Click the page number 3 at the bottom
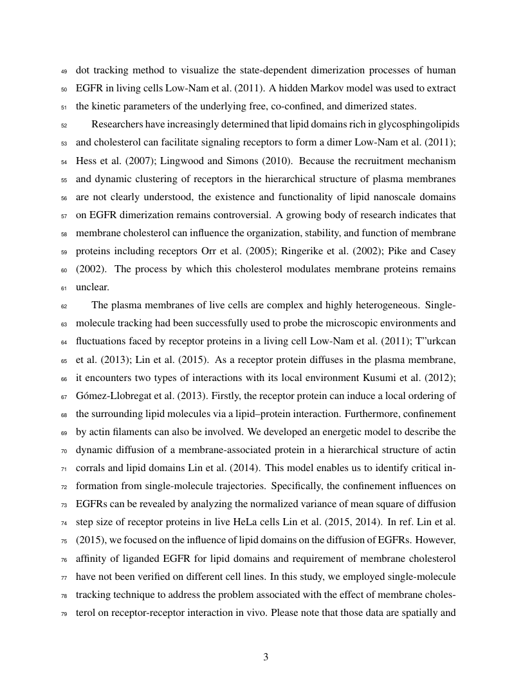[266, 657]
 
